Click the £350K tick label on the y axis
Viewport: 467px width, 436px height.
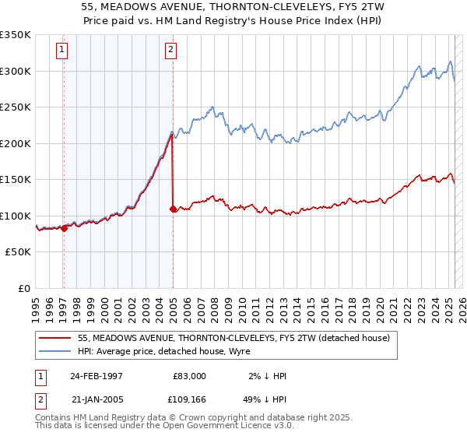16,35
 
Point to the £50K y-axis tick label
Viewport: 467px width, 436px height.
19,252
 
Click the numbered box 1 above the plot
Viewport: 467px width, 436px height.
62,51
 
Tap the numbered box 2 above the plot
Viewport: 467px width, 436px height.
170,51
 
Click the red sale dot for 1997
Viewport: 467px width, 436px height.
64,228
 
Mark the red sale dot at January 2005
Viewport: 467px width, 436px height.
172,209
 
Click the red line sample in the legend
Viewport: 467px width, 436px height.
54,338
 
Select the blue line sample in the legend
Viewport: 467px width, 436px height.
54,351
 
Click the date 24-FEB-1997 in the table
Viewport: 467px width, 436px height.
96,376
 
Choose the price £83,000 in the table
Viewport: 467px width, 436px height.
189,376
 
